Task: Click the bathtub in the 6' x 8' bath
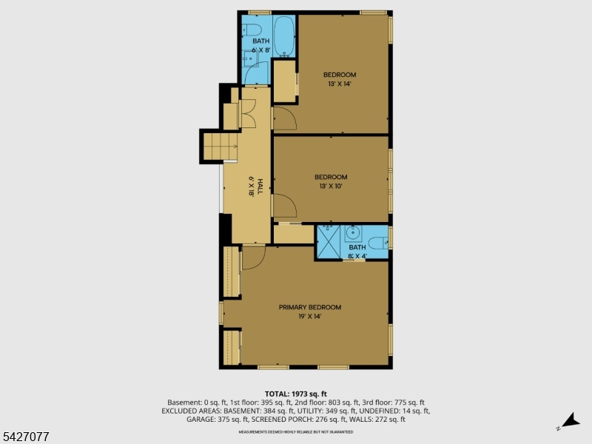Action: (x=284, y=36)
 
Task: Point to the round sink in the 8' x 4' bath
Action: (x=354, y=234)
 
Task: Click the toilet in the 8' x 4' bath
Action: (x=378, y=241)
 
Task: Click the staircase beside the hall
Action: (x=218, y=146)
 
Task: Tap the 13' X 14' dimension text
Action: (x=339, y=84)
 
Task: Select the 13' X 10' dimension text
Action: (x=330, y=186)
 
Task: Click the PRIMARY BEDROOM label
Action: (x=309, y=307)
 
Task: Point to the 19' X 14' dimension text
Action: (x=309, y=317)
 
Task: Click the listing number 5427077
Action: (x=25, y=437)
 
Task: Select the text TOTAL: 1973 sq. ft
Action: (x=295, y=394)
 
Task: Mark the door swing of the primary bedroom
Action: (x=253, y=257)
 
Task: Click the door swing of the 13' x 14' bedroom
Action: (x=283, y=118)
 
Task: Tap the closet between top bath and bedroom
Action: (x=284, y=81)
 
